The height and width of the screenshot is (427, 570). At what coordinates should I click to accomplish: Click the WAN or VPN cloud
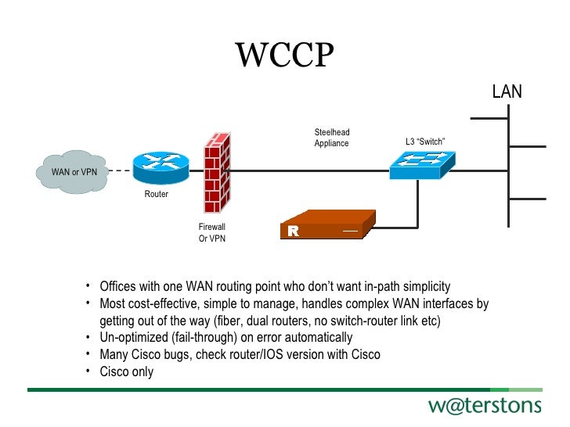74,170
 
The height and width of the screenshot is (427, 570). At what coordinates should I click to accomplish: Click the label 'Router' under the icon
156,194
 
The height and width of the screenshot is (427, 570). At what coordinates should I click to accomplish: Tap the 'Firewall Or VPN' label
212,232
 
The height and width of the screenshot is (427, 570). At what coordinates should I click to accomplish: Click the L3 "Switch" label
425,142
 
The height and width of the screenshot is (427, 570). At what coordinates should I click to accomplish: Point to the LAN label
507,92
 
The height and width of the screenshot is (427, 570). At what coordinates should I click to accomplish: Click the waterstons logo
484,405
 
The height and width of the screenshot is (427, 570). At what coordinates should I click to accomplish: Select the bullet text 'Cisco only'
126,371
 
